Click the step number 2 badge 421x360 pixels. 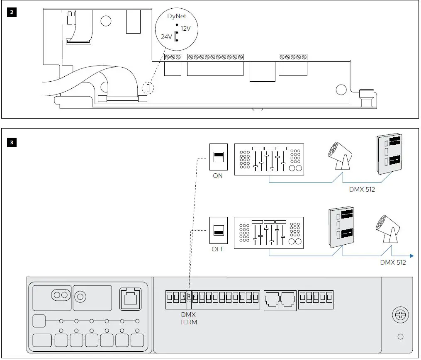[x=12, y=12]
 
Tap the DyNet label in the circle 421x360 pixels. [x=176, y=17]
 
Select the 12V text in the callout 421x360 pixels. [x=185, y=29]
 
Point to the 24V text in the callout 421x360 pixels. [x=166, y=37]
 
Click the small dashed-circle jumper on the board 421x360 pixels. [x=148, y=88]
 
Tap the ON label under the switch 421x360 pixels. [x=218, y=175]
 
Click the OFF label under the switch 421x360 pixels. [x=218, y=249]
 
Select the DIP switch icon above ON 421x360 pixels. [x=219, y=157]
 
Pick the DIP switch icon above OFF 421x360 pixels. [x=219, y=230]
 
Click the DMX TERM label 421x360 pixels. [x=188, y=319]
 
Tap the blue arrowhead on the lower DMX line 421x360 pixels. [x=411, y=255]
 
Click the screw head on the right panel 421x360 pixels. [x=400, y=316]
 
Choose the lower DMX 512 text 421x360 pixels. [x=393, y=263]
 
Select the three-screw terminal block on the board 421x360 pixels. [x=173, y=56]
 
